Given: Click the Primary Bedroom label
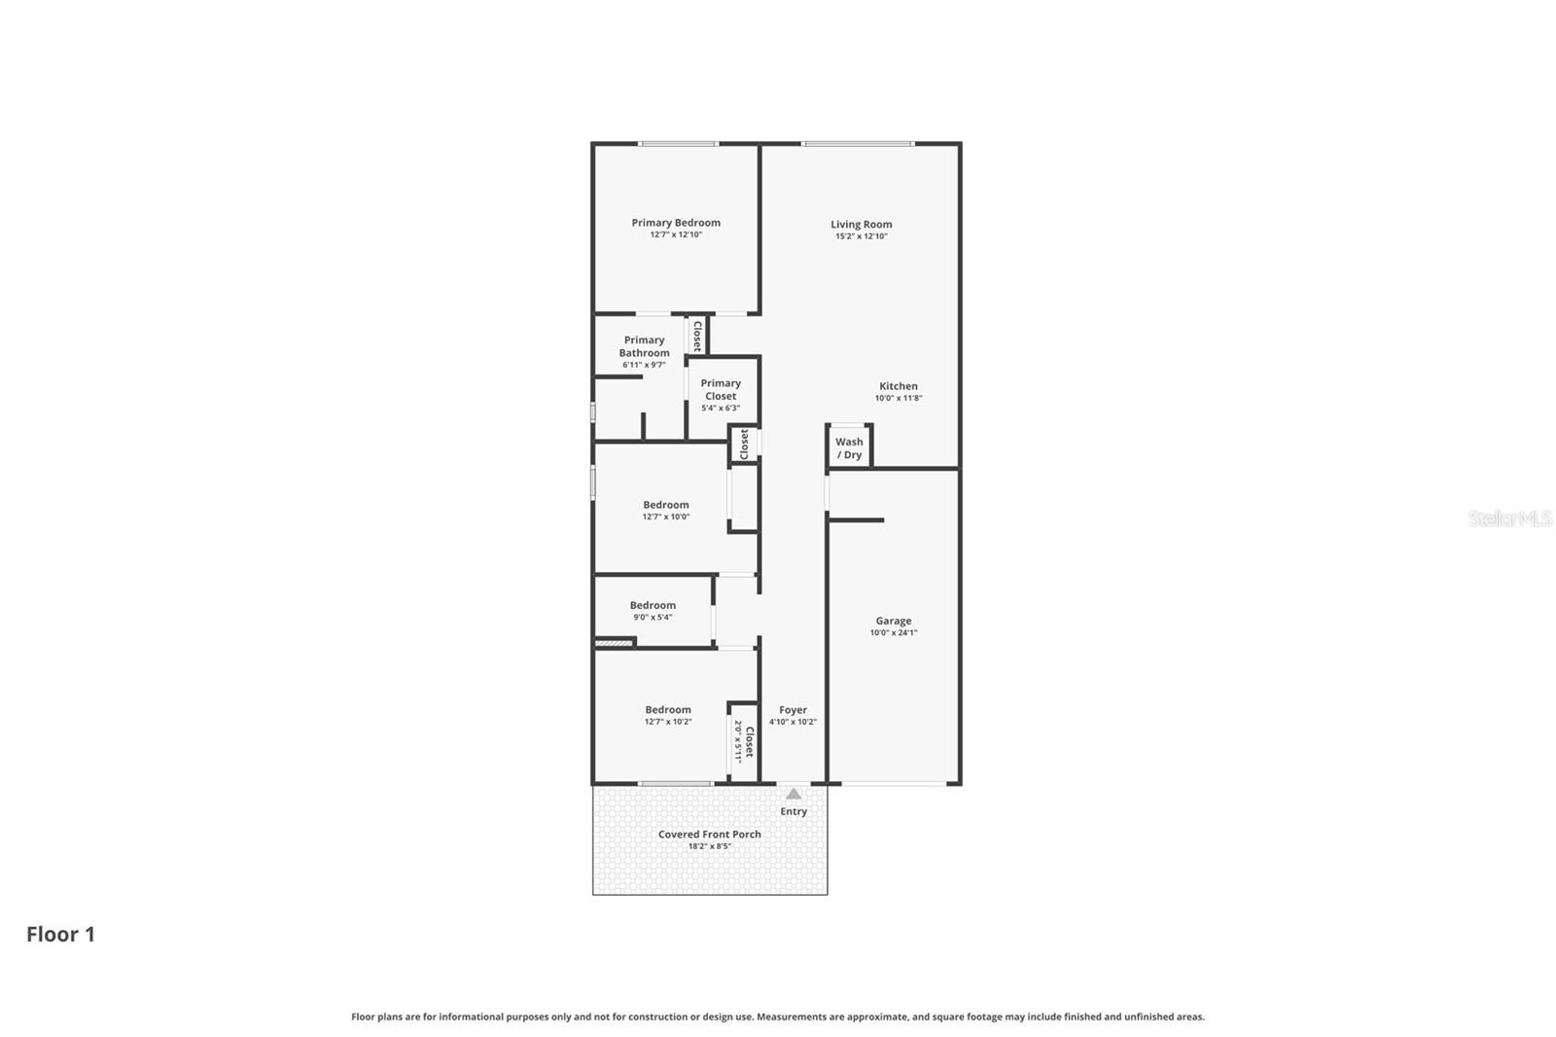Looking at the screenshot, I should pyautogui.click(x=676, y=223).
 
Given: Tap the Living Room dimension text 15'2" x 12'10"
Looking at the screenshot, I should pyautogui.click(x=861, y=236).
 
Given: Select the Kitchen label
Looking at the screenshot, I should pyautogui.click(x=899, y=386).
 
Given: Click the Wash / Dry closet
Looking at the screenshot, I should pyautogui.click(x=849, y=448).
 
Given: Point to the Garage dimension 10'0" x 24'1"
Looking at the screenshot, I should pyautogui.click(x=893, y=633).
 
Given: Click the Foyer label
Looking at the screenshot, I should pyautogui.click(x=793, y=710).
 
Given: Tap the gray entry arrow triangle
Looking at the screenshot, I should pyautogui.click(x=794, y=794).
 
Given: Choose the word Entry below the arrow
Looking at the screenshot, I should pyautogui.click(x=794, y=811).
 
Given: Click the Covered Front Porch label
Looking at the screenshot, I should pyautogui.click(x=709, y=835).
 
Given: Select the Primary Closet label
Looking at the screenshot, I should pyautogui.click(x=721, y=389).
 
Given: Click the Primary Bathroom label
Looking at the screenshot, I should pyautogui.click(x=644, y=346).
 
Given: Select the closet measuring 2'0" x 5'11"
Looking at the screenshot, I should pyautogui.click(x=743, y=741).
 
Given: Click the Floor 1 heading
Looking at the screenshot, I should pyautogui.click(x=60, y=935).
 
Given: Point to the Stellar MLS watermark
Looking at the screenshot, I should pyautogui.click(x=1509, y=518).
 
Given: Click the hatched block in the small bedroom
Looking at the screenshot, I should pyautogui.click(x=613, y=642).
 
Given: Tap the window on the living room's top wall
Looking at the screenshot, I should pyautogui.click(x=857, y=144).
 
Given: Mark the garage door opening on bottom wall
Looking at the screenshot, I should pyautogui.click(x=893, y=783).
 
